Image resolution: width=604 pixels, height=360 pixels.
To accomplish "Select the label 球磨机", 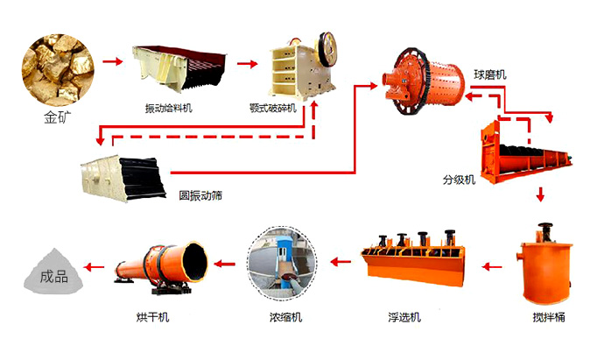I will point(489,74).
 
